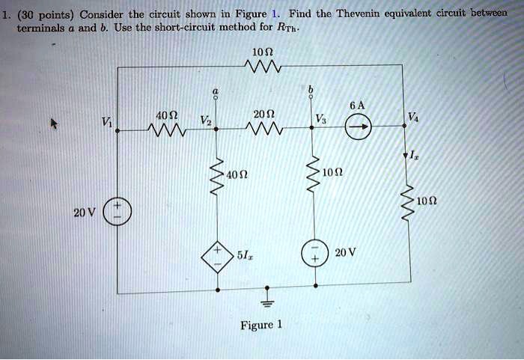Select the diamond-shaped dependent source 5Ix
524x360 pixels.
217,255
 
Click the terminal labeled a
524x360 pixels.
217,94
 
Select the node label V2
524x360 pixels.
200,120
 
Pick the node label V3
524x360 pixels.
322,120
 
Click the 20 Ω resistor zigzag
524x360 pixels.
265,129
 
